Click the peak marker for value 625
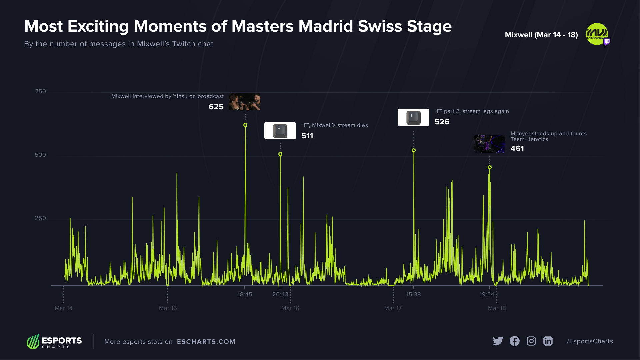pos(245,125)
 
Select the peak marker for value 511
pos(280,154)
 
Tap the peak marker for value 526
pos(414,150)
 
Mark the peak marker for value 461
pos(490,167)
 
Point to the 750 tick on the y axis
pos(40,91)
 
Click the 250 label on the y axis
pos(40,218)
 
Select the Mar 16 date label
pos(290,308)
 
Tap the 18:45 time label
pos(245,294)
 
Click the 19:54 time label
pos(487,294)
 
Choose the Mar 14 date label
pos(63,308)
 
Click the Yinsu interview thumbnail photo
pos(244,102)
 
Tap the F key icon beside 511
pos(280,131)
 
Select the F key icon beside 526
pos(413,117)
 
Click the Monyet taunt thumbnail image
pos(489,144)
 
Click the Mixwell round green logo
pos(597,34)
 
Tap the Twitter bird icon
pos(498,341)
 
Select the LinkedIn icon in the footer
pos(548,341)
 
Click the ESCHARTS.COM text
pos(206,342)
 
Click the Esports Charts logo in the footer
pos(54,342)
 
